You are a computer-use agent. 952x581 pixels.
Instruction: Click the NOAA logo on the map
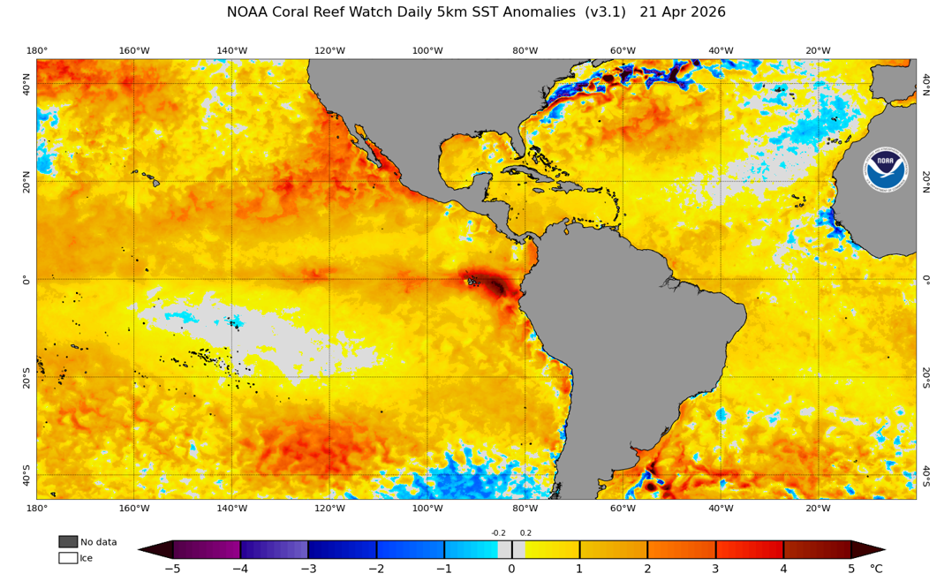tap(885, 170)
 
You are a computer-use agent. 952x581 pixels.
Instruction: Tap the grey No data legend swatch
tap(68, 541)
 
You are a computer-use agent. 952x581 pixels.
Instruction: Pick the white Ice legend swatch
tap(68, 557)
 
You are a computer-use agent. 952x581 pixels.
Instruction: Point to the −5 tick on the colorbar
tap(172, 569)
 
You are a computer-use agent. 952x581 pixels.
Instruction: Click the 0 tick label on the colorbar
tap(511, 569)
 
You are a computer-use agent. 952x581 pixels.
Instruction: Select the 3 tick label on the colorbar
tap(715, 569)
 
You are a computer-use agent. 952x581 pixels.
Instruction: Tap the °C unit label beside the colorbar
tap(876, 569)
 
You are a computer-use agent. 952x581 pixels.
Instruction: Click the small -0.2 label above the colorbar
tap(498, 533)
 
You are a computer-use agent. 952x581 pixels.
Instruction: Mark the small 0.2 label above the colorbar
tap(525, 533)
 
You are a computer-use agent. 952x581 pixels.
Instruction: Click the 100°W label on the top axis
tap(427, 50)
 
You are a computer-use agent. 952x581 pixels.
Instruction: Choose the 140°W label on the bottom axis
tap(231, 508)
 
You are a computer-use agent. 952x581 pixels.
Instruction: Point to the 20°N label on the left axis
tap(26, 182)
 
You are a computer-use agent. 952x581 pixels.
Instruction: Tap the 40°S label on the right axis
tap(926, 475)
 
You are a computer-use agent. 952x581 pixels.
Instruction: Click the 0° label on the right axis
tap(926, 280)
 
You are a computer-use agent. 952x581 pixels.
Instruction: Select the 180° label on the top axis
tap(36, 50)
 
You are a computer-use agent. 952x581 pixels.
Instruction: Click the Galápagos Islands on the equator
tap(473, 282)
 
